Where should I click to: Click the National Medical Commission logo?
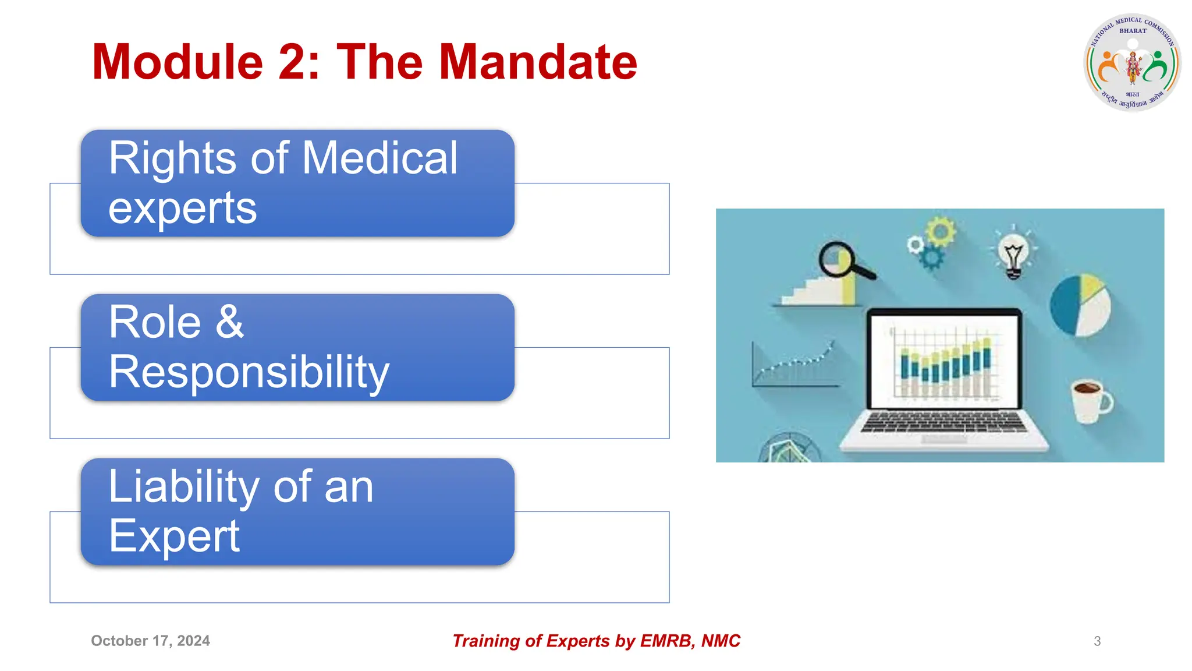pyautogui.click(x=1132, y=62)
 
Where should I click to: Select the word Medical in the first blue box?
pyautogui.click(x=380, y=158)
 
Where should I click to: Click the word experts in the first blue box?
pyautogui.click(x=182, y=208)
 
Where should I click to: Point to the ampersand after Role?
pyautogui.click(x=230, y=322)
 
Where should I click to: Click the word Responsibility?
pyautogui.click(x=249, y=372)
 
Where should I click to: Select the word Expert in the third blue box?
pyautogui.click(x=174, y=536)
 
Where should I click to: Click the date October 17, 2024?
pyautogui.click(x=150, y=641)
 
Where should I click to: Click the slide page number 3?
pyautogui.click(x=1097, y=641)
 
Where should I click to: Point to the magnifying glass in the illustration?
pyautogui.click(x=844, y=261)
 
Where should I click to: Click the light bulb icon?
pyautogui.click(x=1013, y=255)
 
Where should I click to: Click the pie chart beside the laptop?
pyautogui.click(x=1080, y=305)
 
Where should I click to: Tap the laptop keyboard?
pyautogui.click(x=943, y=422)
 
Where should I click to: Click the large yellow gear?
pyautogui.click(x=941, y=231)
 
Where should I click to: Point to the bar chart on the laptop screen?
pyautogui.click(x=944, y=364)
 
